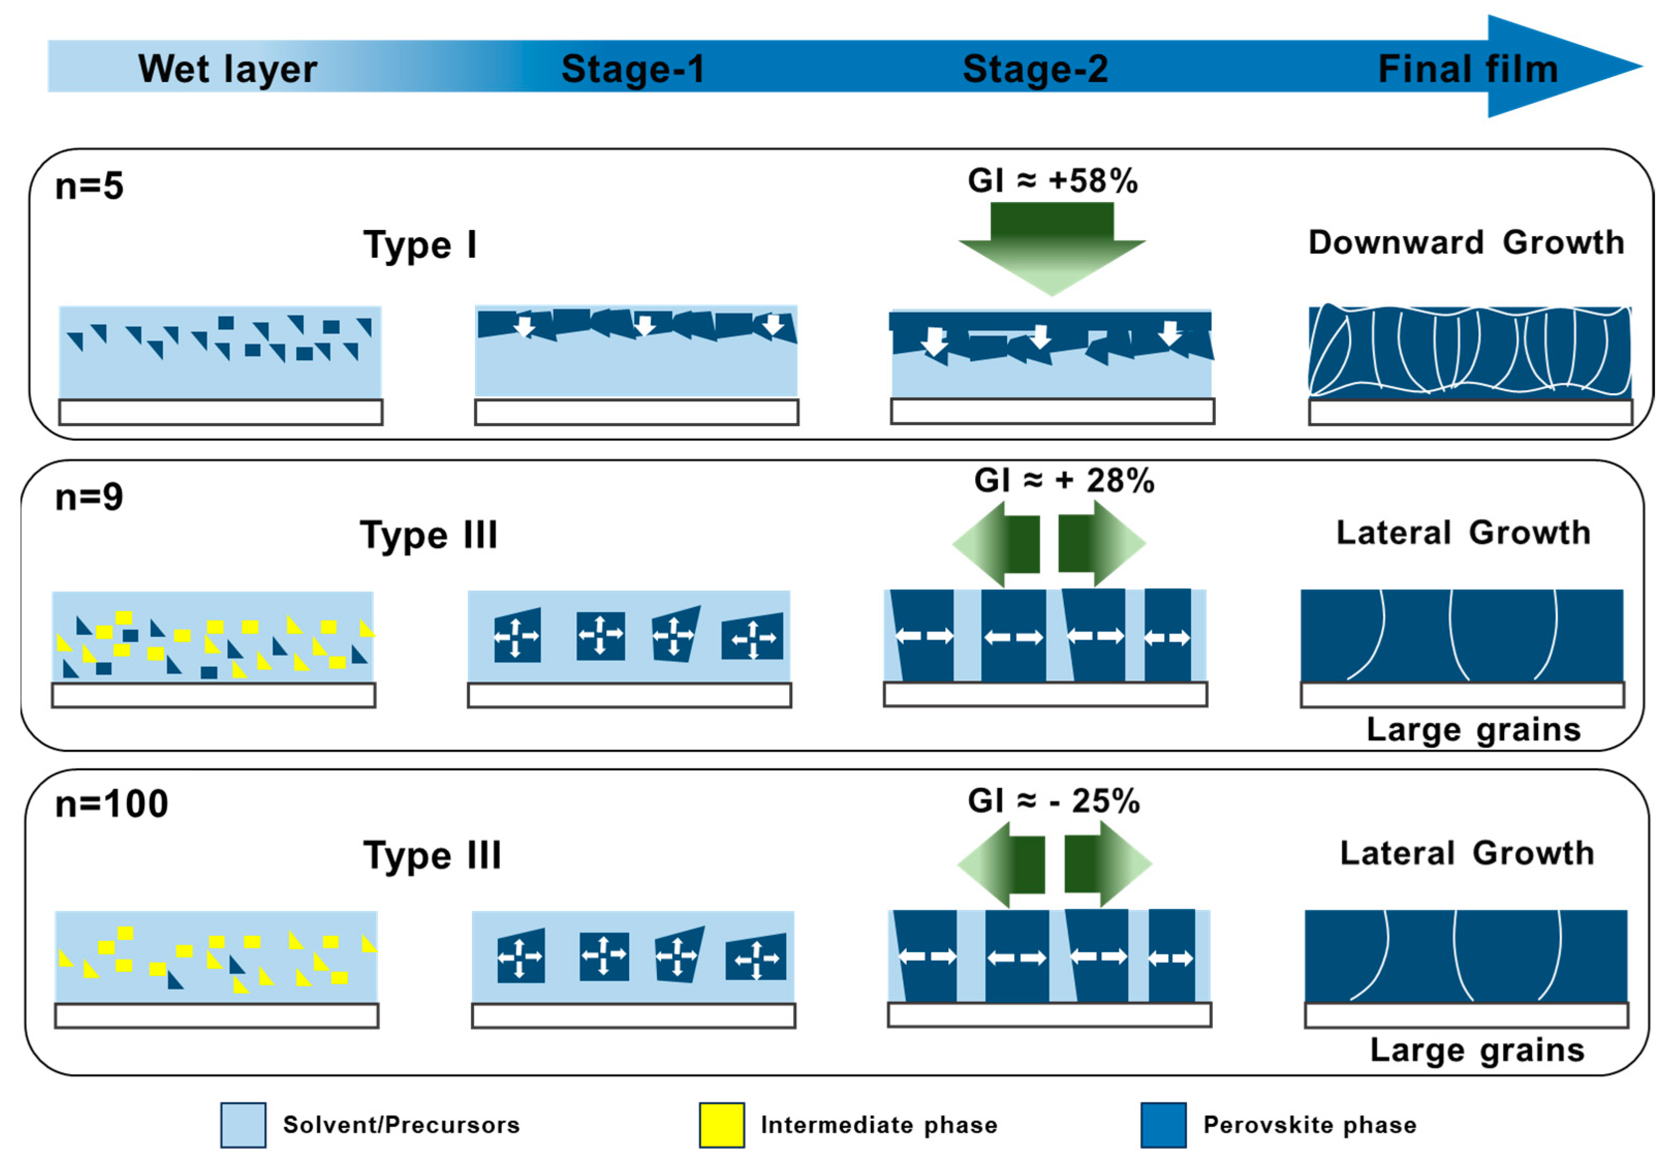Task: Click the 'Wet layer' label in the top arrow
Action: coord(227,69)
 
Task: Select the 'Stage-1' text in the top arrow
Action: coord(633,69)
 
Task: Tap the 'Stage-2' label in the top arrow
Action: coord(1035,69)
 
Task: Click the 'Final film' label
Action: coord(1468,69)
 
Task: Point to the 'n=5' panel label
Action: coord(89,186)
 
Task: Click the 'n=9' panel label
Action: coord(89,497)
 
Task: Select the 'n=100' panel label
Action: coord(112,803)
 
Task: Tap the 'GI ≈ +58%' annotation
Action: coord(1053,180)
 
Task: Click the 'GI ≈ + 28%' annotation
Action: coord(1063,480)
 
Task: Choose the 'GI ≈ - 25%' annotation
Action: coord(1053,801)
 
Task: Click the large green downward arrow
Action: coord(1052,248)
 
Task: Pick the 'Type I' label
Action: coord(420,245)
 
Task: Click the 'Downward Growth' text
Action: coord(1466,242)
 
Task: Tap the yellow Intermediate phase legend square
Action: coord(722,1125)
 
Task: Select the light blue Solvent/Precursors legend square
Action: coord(243,1125)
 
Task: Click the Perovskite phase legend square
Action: coord(1164,1125)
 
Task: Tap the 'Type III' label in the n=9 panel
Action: coord(429,535)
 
